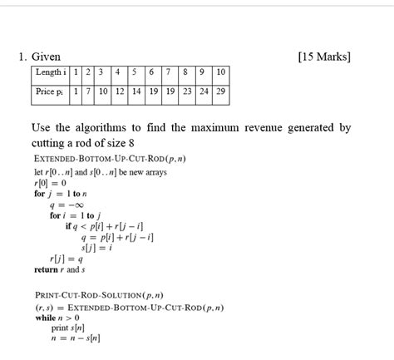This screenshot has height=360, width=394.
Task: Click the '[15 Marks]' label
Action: pyautogui.click(x=323, y=57)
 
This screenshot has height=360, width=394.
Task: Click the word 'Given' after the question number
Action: pyautogui.click(x=46, y=57)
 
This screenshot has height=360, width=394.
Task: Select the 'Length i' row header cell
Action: pyautogui.click(x=50, y=73)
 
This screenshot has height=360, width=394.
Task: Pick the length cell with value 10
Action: pyautogui.click(x=220, y=73)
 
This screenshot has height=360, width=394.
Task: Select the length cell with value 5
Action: pyautogui.click(x=136, y=73)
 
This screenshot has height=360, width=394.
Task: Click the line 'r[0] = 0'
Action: pyautogui.click(x=50, y=183)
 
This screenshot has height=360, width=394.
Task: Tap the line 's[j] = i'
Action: pyautogui.click(x=97, y=248)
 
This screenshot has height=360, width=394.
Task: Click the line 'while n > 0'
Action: pyautogui.click(x=57, y=318)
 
